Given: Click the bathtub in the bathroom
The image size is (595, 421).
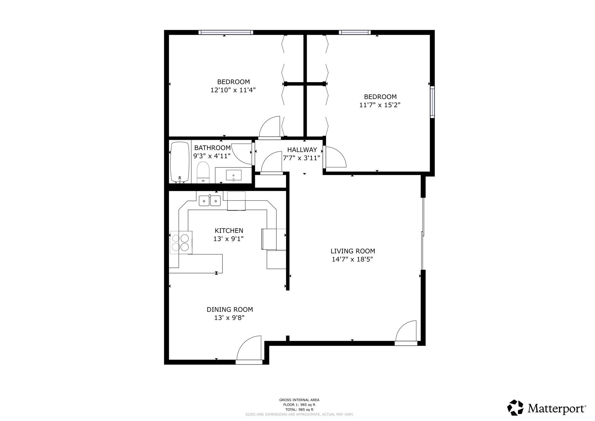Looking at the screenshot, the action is click(180, 162).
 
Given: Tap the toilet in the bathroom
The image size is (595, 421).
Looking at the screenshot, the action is click(203, 172).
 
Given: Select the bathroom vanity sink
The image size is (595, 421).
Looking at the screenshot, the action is click(234, 175).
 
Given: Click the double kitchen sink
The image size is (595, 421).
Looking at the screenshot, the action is click(209, 201).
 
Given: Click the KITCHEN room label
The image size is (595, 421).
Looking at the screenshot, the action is click(229, 231).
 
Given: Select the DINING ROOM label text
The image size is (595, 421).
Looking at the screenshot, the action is click(230, 309).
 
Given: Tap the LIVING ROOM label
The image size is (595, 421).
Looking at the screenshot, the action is click(353, 251).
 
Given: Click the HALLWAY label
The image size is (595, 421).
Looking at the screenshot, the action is click(302, 150).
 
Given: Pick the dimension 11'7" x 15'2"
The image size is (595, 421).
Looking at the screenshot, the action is click(380, 105).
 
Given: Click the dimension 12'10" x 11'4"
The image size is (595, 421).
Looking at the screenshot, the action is click(233, 90).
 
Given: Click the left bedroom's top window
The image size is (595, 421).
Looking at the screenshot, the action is click(226, 32).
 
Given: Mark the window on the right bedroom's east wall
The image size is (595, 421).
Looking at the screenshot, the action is click(432, 102).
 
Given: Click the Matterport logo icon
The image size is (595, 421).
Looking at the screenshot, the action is click(515, 407).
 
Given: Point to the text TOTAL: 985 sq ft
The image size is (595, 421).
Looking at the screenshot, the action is click(299, 410).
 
